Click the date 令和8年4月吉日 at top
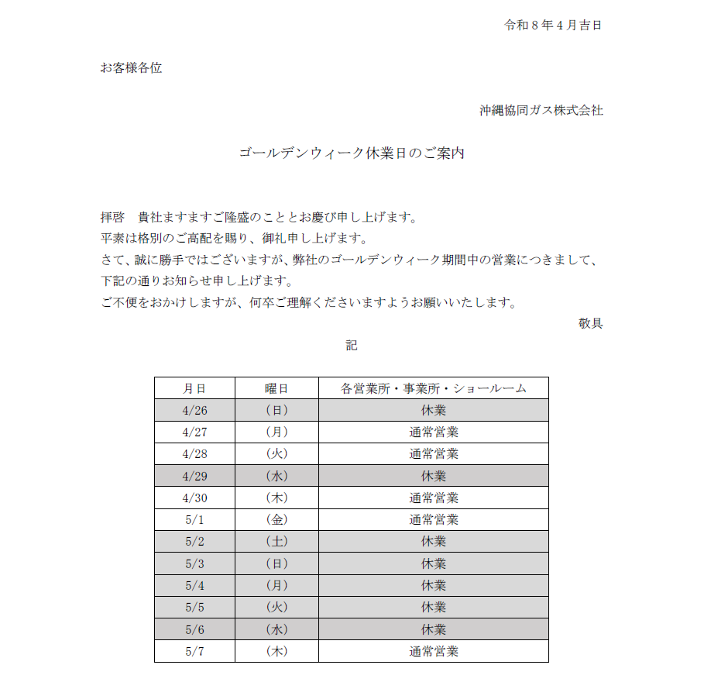pyautogui.click(x=553, y=25)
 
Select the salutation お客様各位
pyautogui.click(x=131, y=67)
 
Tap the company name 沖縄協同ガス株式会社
pyautogui.click(x=541, y=110)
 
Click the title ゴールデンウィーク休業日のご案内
pyautogui.click(x=352, y=153)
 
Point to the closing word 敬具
pyautogui.click(x=590, y=323)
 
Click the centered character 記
pyautogui.click(x=352, y=345)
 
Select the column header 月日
pyautogui.click(x=194, y=388)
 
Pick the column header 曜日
pyautogui.click(x=276, y=388)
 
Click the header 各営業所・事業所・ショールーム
pyautogui.click(x=433, y=388)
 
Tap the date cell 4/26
pyautogui.click(x=194, y=410)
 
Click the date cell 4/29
pyautogui.click(x=194, y=476)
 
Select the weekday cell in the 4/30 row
pyautogui.click(x=276, y=498)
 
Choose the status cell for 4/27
pyautogui.click(x=433, y=432)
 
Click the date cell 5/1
pyautogui.click(x=194, y=519)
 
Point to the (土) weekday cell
pyautogui.click(x=276, y=541)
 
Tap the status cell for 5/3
pyautogui.click(x=433, y=563)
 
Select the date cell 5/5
pyautogui.click(x=194, y=607)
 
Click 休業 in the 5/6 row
pyautogui.click(x=433, y=629)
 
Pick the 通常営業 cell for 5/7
pyautogui.click(x=433, y=651)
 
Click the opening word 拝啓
pyautogui.click(x=112, y=216)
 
